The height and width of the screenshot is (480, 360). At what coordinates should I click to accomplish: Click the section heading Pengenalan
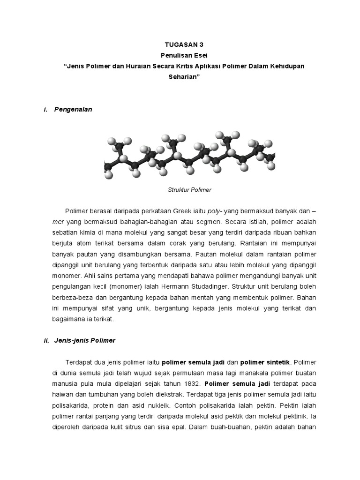(x=73, y=109)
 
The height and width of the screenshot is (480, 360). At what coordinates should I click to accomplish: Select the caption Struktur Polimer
(x=189, y=190)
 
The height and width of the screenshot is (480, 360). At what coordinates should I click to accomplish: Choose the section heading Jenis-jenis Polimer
(x=85, y=341)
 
